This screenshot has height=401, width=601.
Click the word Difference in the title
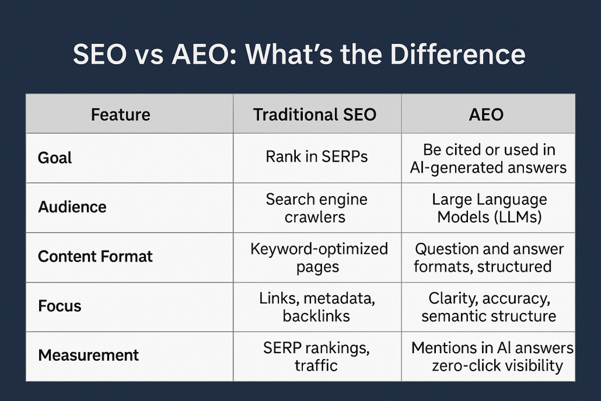pyautogui.click(x=457, y=54)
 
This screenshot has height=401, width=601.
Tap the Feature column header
pyautogui.click(x=120, y=114)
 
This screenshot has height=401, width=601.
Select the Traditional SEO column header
pyautogui.click(x=315, y=114)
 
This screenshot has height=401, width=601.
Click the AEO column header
pyautogui.click(x=486, y=114)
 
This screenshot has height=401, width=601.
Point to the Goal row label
pyautogui.click(x=55, y=158)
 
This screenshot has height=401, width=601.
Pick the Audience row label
pyautogui.click(x=72, y=207)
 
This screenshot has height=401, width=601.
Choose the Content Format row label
pyautogui.click(x=95, y=256)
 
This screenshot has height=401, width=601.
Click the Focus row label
pyautogui.click(x=60, y=306)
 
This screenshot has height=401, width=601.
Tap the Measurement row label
pyautogui.click(x=88, y=355)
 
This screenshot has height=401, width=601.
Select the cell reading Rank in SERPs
pyautogui.click(x=317, y=156)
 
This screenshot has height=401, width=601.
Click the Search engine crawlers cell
pyautogui.click(x=316, y=208)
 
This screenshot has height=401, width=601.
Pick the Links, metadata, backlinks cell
pyautogui.click(x=317, y=307)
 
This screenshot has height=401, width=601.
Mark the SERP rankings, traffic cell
pyautogui.click(x=316, y=357)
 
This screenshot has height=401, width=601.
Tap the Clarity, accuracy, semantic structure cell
pyautogui.click(x=489, y=307)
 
